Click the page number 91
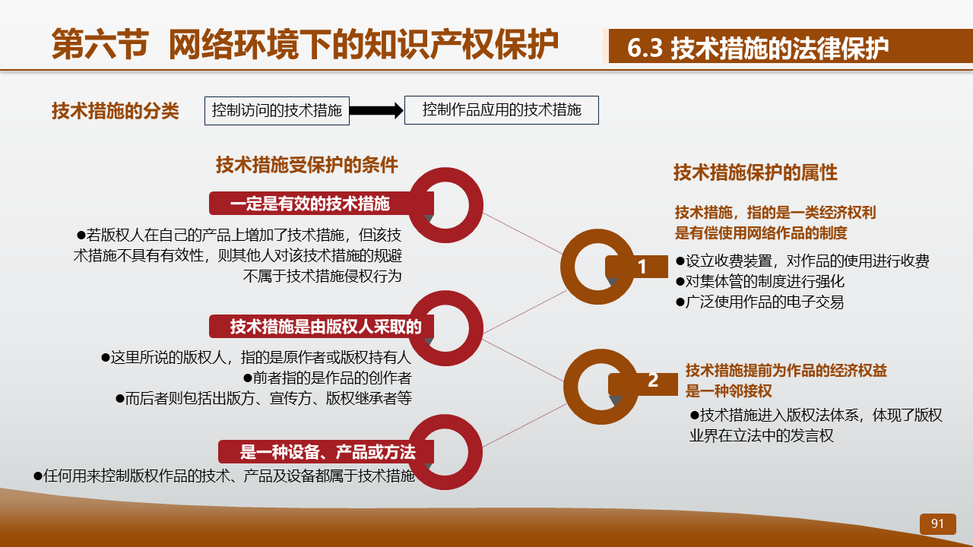(937, 523)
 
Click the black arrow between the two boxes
(376, 111)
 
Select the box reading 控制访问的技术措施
(277, 111)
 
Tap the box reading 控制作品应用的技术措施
(502, 110)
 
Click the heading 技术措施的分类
(115, 111)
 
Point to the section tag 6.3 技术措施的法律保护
(758, 47)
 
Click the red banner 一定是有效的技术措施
(322, 204)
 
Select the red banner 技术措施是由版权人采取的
(322, 327)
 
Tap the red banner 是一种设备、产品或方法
(326, 452)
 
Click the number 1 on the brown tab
(642, 267)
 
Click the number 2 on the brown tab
(653, 381)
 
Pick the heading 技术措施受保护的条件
(307, 165)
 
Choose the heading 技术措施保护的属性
(756, 172)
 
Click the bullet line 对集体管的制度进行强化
(760, 281)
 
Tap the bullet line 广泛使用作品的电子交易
(759, 302)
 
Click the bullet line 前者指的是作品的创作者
(327, 378)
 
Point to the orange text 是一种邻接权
(728, 391)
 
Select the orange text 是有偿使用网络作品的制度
(761, 233)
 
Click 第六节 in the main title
(100, 44)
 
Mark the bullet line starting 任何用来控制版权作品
(224, 476)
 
